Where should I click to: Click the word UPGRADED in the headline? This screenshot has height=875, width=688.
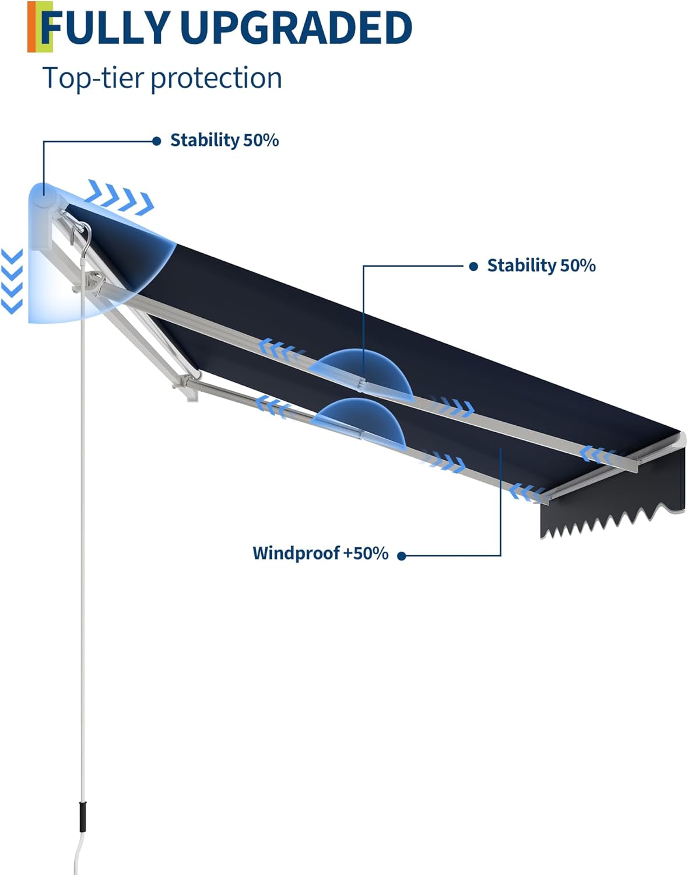coord(296,27)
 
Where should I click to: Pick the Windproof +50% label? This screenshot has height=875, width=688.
coord(320,553)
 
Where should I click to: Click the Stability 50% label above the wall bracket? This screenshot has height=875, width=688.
coord(224,141)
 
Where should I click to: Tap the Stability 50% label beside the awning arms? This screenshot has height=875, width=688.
coord(541,266)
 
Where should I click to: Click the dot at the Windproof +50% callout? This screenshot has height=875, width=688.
coord(401,556)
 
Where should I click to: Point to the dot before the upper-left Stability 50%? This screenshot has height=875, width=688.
coord(156,141)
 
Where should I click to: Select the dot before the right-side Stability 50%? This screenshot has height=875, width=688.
coord(473,266)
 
